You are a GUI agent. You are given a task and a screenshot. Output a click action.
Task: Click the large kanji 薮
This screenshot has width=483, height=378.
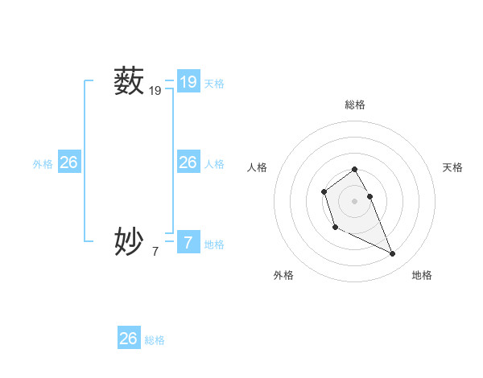129,81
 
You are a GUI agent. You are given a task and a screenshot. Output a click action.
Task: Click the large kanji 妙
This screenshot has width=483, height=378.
129,240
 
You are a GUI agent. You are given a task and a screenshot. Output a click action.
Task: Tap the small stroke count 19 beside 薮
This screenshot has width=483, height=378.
155,92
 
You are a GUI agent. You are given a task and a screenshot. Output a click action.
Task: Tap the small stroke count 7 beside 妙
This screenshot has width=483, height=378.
155,251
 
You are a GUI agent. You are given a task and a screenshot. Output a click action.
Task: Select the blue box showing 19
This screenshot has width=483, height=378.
188,81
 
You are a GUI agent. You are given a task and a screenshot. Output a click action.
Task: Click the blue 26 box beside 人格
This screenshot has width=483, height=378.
188,162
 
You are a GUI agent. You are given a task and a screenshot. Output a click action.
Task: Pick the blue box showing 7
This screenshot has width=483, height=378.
188,240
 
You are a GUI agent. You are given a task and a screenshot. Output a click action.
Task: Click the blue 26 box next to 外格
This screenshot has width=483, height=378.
68,162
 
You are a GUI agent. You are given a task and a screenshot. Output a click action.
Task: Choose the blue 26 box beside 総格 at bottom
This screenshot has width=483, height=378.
129,339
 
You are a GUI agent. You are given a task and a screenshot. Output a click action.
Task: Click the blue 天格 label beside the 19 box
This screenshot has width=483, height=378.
214,83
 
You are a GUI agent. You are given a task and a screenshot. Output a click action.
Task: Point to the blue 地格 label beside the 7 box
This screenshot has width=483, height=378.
214,244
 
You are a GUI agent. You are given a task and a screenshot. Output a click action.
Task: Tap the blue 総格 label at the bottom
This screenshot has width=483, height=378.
155,340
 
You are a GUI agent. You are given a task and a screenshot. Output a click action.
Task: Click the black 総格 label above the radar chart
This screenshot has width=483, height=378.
354,105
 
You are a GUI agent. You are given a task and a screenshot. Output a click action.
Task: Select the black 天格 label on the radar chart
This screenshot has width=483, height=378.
452,167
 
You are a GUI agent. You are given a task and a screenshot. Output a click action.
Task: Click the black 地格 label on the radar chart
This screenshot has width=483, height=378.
422,275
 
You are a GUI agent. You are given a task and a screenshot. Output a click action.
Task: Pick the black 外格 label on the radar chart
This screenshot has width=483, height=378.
283,275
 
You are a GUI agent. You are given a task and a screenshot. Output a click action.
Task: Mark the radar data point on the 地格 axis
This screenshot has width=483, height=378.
393,254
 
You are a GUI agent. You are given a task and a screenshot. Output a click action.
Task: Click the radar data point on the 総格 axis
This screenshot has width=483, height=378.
354,169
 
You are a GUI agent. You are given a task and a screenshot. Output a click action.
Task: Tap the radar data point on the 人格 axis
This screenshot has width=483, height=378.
324,191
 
